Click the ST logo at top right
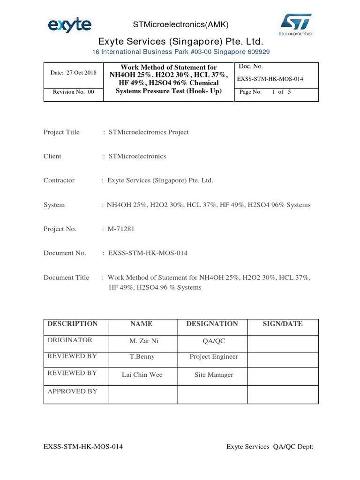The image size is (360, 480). [x=296, y=24]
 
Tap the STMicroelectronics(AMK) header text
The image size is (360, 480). [x=175, y=25]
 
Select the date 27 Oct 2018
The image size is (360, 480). [x=73, y=73]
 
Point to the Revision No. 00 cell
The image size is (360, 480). [x=73, y=92]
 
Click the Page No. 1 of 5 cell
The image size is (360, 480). [x=265, y=92]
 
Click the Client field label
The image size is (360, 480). [x=52, y=156]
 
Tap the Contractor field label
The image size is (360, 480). [x=59, y=180]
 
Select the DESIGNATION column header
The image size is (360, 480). [x=212, y=324]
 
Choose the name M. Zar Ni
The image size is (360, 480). [x=142, y=341]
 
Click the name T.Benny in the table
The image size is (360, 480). [x=142, y=357]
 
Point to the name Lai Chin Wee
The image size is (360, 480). [x=142, y=375]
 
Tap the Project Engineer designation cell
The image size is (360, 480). [x=214, y=357]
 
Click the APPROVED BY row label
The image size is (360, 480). [x=72, y=391]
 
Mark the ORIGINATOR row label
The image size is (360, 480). [x=70, y=340]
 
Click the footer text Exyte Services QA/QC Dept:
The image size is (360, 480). [x=269, y=447]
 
